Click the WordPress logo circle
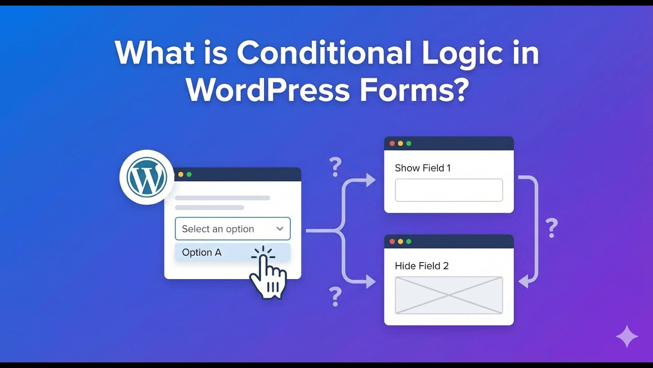pos(147,177)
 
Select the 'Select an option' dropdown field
pos(224,229)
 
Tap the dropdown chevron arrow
pos(280,229)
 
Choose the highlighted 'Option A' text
pos(202,252)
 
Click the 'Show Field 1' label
pos(422,168)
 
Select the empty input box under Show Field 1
pos(448,190)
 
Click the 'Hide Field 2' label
pos(421,266)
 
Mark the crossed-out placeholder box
pos(448,295)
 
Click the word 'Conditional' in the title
pos(324,53)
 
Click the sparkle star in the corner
pos(626,336)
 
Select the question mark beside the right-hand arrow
pos(551,228)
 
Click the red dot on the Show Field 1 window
pos(392,144)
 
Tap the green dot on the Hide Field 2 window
pos(409,241)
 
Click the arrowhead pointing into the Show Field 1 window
pos(370,180)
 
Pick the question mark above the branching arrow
pos(335,167)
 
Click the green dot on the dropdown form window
pos(189,175)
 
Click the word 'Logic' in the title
pos(459,53)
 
